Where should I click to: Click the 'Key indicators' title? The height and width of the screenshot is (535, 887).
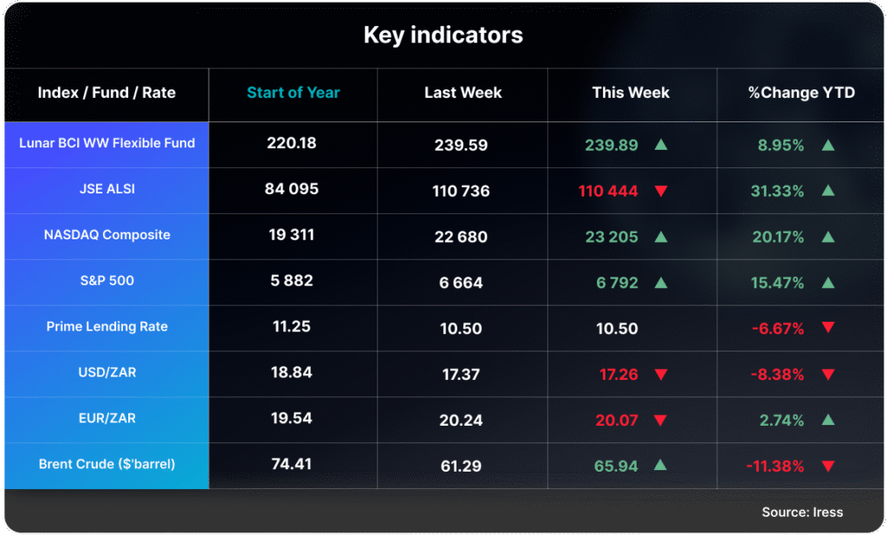tap(443, 36)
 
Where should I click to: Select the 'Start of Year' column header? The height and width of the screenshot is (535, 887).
tap(293, 93)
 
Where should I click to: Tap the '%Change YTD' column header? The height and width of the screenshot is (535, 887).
tap(801, 93)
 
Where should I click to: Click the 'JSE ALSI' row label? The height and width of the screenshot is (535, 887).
tap(107, 189)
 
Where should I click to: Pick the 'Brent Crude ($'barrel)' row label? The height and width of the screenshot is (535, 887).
tap(107, 464)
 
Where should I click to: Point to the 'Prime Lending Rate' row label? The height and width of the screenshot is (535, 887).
tap(107, 327)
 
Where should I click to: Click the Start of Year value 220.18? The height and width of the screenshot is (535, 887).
tap(292, 143)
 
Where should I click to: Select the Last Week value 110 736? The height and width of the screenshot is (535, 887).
tap(463, 191)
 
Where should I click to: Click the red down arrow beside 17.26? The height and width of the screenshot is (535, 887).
tap(661, 375)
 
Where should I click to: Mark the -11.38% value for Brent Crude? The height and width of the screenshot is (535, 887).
tap(774, 466)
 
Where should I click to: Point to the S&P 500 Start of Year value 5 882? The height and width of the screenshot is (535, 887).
tap(292, 281)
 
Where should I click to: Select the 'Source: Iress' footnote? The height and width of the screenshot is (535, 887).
tap(802, 512)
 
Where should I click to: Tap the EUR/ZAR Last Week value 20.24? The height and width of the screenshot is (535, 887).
tap(462, 420)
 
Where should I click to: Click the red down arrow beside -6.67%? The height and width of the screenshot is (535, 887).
tap(827, 328)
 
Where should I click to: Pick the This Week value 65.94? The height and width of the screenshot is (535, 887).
tap(616, 466)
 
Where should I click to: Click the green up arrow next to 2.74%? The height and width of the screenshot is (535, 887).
tap(827, 420)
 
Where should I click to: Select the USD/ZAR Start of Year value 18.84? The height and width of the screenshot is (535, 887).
tap(292, 372)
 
